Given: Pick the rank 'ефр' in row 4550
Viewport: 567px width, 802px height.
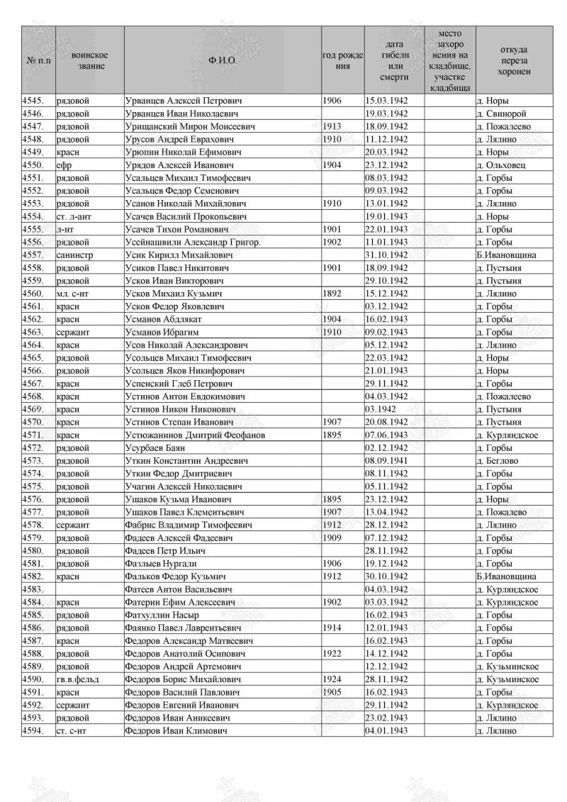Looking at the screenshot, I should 63,165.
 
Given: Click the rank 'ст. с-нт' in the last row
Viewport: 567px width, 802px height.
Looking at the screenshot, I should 72,731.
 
